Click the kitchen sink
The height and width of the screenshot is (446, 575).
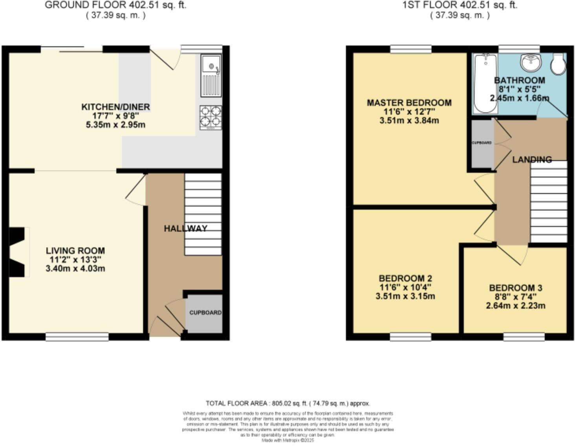coord(211,75)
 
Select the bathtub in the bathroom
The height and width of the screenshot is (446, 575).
coord(485,83)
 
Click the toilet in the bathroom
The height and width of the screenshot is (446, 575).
coord(558,64)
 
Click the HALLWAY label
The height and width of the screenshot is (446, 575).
coord(185,228)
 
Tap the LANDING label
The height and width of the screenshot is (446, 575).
coord(532,159)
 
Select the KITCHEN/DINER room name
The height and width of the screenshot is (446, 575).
coord(115,107)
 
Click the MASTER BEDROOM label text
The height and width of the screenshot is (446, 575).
coord(409,103)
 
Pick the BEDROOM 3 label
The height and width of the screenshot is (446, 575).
coord(515,288)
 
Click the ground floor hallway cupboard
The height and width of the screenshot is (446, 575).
coord(204,313)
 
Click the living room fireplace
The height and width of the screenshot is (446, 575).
coord(18,252)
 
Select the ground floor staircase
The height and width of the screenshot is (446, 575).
coord(203,214)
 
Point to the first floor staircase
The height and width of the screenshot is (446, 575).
coord(548,202)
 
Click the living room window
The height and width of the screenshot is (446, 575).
coord(77,336)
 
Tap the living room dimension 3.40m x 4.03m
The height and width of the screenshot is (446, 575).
coord(75,269)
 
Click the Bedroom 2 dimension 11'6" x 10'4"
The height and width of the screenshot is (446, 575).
coord(405,287)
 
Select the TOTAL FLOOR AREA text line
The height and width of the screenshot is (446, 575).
coord(287,403)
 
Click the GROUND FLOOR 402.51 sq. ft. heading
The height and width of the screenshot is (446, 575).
coord(115,5)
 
